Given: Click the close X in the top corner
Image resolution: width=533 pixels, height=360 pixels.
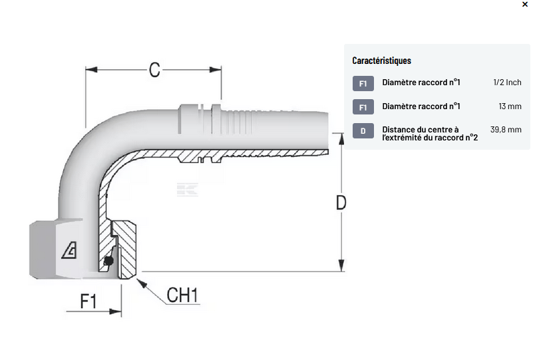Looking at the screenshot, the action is point(524,5).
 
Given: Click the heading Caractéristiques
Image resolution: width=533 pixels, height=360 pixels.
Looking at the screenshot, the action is point(381,61).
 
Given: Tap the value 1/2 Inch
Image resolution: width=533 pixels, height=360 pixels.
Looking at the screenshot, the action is point(507,83).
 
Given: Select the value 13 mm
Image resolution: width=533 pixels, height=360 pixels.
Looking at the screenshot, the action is point(510,106).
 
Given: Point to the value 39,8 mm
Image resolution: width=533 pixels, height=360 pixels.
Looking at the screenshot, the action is point(506,130).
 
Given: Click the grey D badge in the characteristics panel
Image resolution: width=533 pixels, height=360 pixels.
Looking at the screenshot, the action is point(363,131).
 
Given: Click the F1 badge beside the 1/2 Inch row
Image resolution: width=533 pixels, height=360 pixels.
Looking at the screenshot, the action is point(363,83).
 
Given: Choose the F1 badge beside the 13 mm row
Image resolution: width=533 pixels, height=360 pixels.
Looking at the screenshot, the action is point(363,107).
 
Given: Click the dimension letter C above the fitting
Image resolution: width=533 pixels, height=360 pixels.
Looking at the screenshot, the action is point(154,70).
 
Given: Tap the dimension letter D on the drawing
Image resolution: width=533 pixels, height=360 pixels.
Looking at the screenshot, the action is point(341,202).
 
